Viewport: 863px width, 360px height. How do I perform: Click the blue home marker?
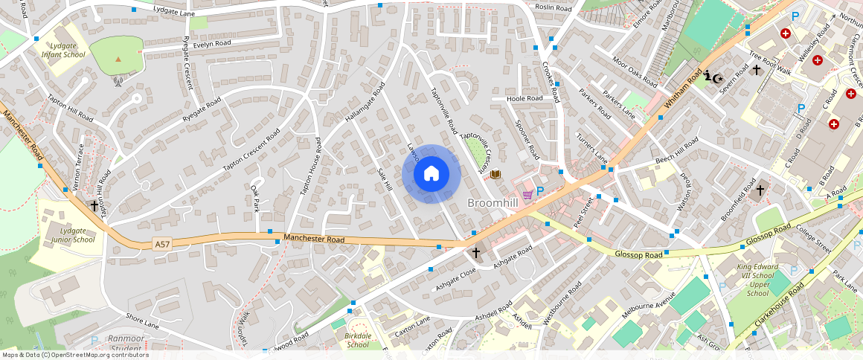point(431,174)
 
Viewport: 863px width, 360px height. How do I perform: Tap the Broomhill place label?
point(493,202)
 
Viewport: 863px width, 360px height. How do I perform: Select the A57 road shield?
point(162,244)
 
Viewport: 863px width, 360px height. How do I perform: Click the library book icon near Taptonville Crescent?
point(495,175)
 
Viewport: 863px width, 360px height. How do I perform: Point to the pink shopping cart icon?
point(527,194)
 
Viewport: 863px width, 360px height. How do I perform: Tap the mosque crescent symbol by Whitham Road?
point(713,77)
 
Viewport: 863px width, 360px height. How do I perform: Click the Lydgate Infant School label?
point(63,50)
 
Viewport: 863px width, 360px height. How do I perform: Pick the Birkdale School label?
point(358,340)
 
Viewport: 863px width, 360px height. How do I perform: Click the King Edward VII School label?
point(757,280)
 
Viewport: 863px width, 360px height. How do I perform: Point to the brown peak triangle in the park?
point(118,59)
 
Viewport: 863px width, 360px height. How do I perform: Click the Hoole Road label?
point(524,98)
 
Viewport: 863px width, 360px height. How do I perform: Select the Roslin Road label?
point(553,7)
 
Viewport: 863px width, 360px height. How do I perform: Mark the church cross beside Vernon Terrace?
point(94,205)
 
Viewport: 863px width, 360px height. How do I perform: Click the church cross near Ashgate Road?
point(476,253)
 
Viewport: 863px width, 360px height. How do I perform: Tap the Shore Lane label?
point(143,321)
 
